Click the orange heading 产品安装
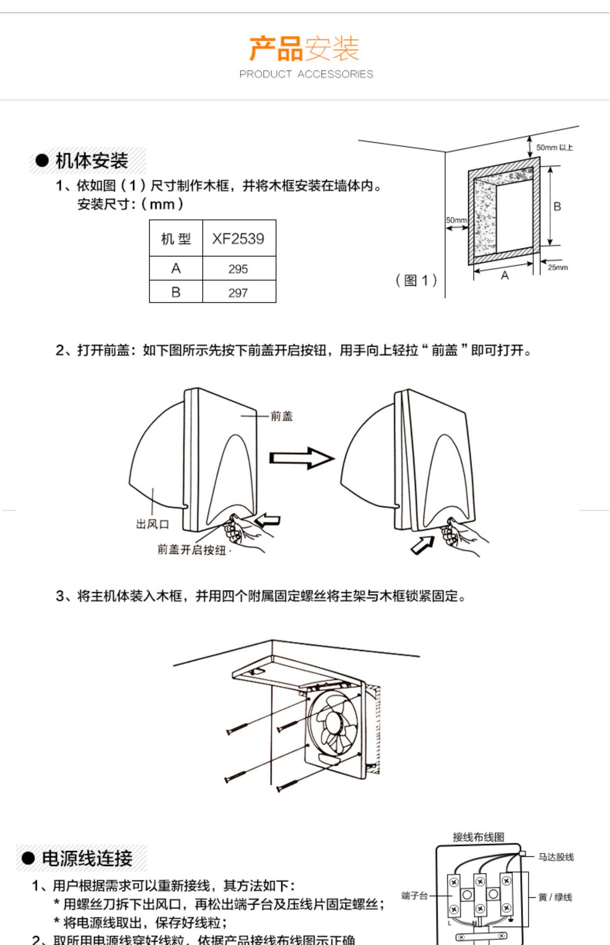pos(304,48)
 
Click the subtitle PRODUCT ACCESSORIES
pos(306,74)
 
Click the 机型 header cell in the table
pos(176,238)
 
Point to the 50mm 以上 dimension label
pos(554,147)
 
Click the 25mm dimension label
pos(557,267)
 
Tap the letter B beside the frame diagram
pos(557,206)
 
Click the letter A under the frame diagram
pos(505,276)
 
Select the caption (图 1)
pos(416,280)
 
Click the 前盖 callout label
pos(281,416)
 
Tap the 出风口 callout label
pos(152,524)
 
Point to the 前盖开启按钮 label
pos(192,550)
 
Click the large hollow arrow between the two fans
pos(301,458)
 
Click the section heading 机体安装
pos(91,161)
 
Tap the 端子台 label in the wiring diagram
pos(414,896)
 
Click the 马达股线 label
pos(556,857)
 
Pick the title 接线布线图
pos(478,837)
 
